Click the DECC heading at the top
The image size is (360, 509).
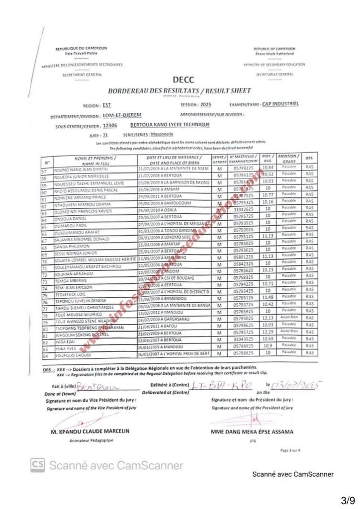[x=183, y=80]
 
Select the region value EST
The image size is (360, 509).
[x=107, y=105]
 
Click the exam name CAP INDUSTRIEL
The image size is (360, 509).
[x=280, y=104]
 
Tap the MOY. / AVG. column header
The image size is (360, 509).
[x=268, y=160]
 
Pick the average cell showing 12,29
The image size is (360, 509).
[x=268, y=331]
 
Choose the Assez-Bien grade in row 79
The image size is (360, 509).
[x=288, y=317]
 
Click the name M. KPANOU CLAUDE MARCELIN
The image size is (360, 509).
[x=90, y=431]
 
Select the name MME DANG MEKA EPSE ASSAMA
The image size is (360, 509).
[x=252, y=431]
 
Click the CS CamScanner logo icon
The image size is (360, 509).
[x=38, y=465]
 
